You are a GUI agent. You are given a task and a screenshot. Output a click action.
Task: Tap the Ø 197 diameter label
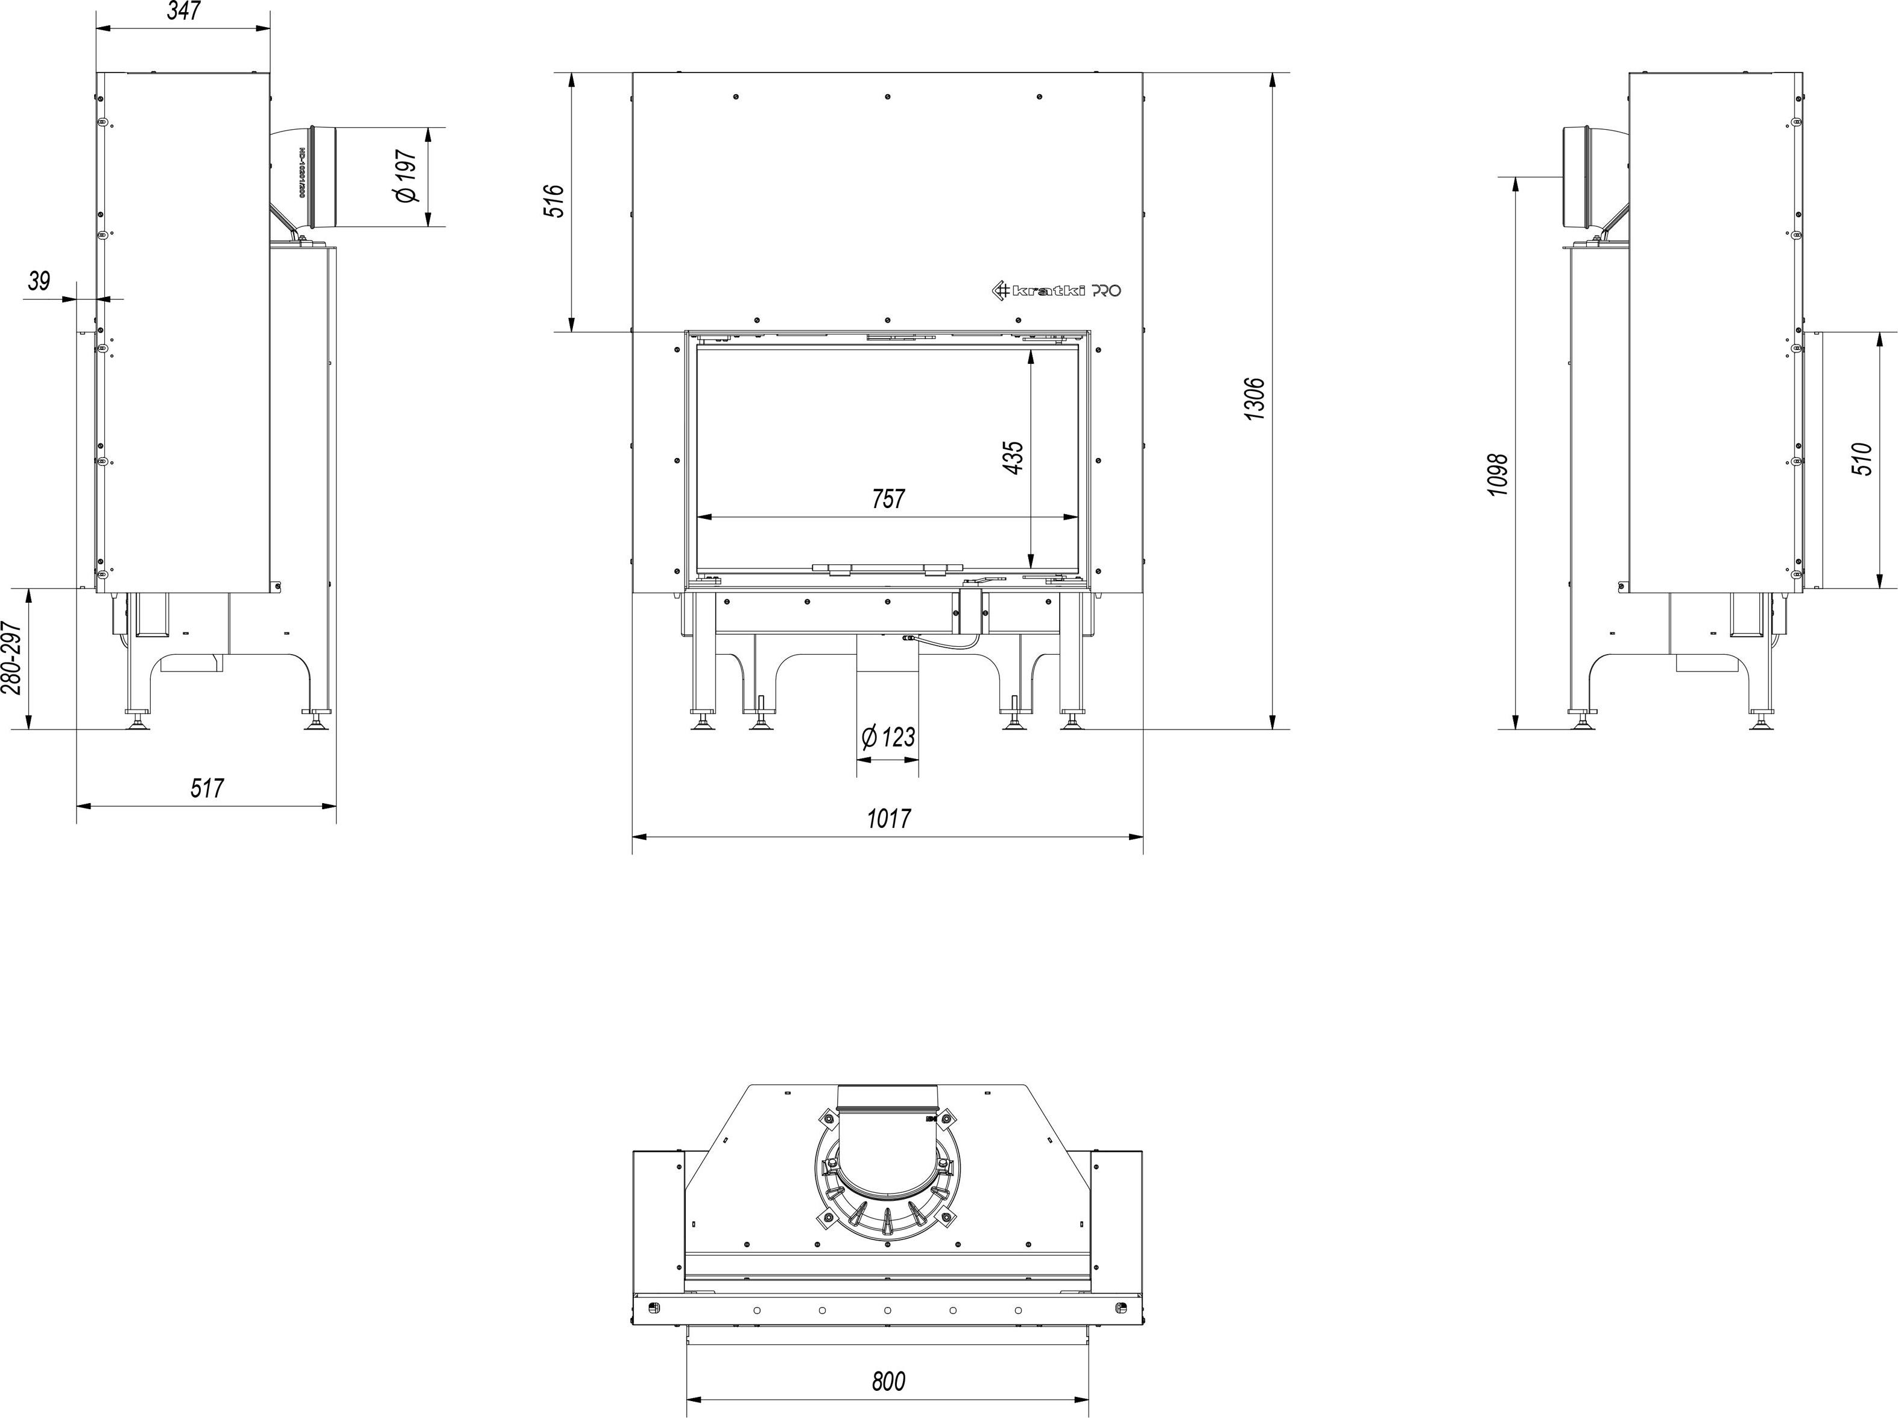[406, 177]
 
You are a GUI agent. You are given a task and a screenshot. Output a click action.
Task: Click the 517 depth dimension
[207, 788]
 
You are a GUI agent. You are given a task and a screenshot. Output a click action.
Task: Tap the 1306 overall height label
[1254, 399]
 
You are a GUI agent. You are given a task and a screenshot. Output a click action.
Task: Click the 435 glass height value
[1013, 459]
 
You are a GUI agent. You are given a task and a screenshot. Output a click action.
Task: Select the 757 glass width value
[888, 498]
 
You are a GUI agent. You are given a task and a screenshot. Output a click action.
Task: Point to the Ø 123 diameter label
[888, 737]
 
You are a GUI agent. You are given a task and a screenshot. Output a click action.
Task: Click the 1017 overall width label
[888, 818]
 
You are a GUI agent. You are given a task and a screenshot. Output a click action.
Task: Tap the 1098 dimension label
[1498, 475]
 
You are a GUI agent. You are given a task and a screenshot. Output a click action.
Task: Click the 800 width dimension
[888, 1381]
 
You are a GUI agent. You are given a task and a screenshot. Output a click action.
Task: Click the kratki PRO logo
[1056, 291]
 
